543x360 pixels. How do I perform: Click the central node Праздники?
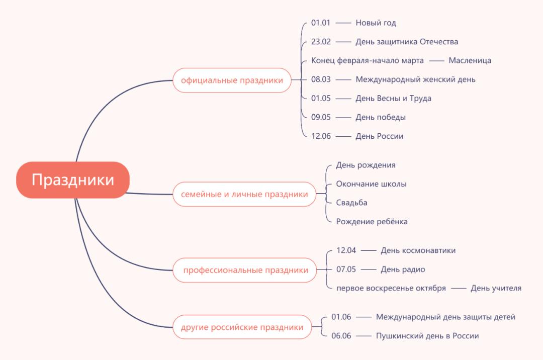coord(73,180)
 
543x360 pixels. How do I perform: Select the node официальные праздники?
coord(232,80)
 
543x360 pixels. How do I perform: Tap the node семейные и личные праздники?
coord(244,194)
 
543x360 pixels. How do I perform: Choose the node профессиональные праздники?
coord(245,270)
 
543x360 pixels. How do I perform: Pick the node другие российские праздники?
coord(242,327)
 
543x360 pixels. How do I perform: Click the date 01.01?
coord(321,23)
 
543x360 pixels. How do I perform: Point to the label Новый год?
coord(376,23)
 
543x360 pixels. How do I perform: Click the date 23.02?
coord(321,42)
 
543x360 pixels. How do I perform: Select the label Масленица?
coord(470,60)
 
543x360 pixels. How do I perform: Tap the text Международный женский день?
coord(416,79)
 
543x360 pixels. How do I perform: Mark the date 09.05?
coord(321,117)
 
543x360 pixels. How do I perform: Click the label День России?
coord(380,136)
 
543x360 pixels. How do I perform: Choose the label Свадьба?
coord(351,203)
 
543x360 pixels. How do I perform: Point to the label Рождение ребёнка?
coord(372,222)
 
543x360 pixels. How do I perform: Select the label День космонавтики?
coord(418,250)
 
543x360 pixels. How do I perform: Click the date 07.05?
coord(346,269)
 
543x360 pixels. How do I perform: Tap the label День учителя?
coord(496,288)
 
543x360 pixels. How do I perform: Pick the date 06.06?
coord(341,336)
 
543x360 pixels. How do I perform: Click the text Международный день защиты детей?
coord(445,317)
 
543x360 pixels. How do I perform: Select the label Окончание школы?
coord(371,184)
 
